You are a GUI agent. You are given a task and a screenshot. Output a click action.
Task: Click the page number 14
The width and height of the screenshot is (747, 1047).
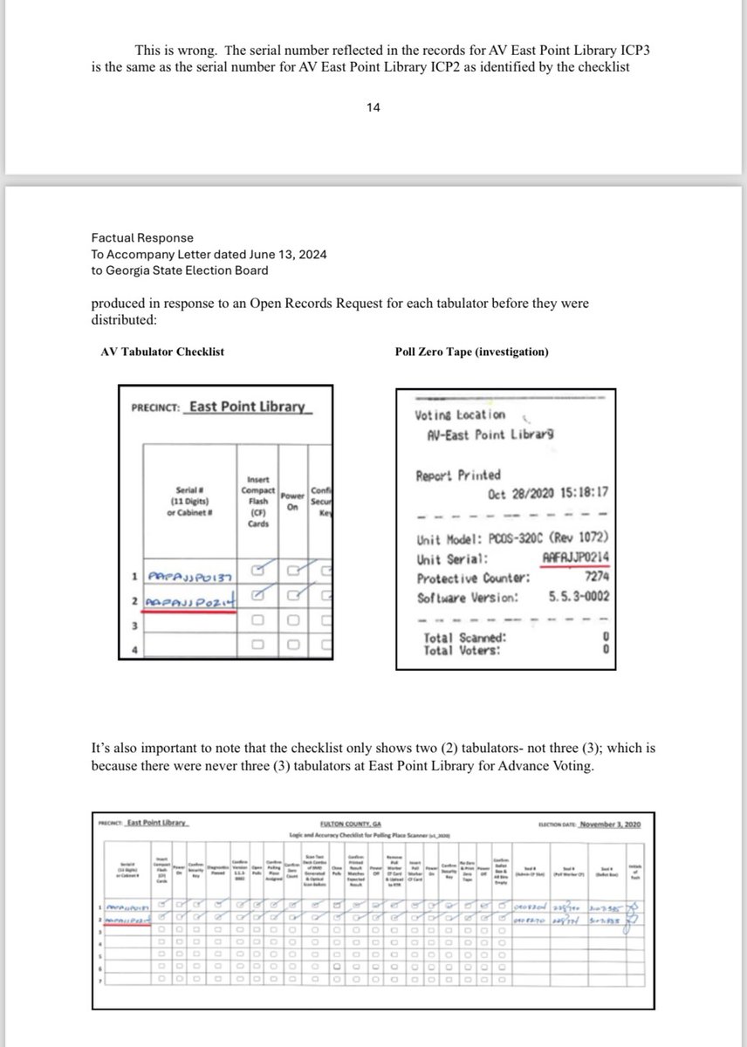(373, 109)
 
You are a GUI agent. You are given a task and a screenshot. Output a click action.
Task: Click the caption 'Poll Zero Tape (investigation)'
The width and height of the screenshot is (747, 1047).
(472, 352)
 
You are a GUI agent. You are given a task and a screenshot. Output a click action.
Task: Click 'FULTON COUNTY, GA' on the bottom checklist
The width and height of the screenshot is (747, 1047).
(373, 822)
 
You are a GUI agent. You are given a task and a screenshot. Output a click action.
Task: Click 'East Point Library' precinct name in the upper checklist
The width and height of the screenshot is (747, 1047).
(247, 407)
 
